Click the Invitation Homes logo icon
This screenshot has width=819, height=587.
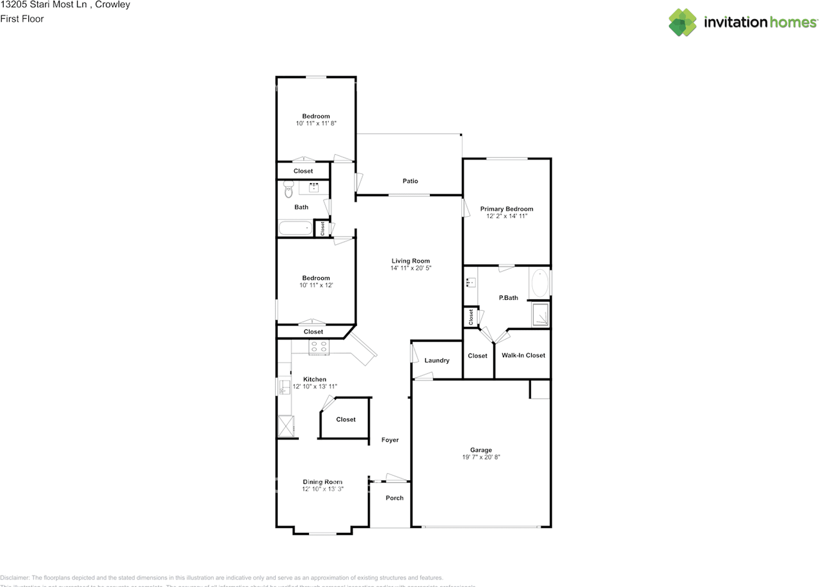683,22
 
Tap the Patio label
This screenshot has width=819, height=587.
410,181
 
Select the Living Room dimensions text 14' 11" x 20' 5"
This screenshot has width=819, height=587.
411,269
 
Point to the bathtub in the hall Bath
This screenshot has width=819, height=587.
295,228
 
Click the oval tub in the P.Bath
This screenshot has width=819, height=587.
539,283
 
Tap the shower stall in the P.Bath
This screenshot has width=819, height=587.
541,315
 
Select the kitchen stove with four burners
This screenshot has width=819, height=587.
319,347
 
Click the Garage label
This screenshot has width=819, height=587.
481,450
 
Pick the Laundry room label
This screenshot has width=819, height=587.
437,361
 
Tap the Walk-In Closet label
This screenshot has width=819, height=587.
523,356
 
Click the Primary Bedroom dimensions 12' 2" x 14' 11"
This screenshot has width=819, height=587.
506,217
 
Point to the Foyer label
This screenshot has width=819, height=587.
390,440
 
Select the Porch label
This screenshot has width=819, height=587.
395,498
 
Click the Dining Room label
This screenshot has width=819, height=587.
322,482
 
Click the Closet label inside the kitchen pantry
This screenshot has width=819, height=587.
346,419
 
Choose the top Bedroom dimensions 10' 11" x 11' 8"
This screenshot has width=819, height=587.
316,123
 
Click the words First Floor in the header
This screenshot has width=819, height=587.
22,19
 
